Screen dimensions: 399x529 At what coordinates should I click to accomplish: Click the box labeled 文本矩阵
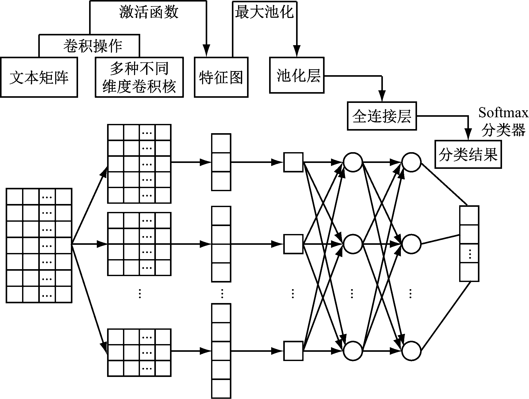pyautogui.click(x=39, y=77)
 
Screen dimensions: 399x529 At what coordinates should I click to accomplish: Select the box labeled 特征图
pyautogui.click(x=221, y=77)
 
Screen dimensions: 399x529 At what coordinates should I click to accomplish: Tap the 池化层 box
pyautogui.click(x=297, y=75)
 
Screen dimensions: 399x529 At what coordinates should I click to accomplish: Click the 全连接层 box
pyautogui.click(x=382, y=116)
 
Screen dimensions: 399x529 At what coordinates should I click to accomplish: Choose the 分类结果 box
pyautogui.click(x=468, y=154)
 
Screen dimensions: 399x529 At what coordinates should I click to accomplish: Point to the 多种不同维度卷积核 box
pyautogui.click(x=139, y=77)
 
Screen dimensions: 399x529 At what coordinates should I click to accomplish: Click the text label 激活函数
pyautogui.click(x=148, y=12)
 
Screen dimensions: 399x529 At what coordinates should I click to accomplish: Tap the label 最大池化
pyautogui.click(x=264, y=12)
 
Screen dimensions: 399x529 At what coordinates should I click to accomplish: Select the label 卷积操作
pyautogui.click(x=92, y=46)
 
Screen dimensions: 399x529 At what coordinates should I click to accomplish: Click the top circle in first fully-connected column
pyautogui.click(x=353, y=162)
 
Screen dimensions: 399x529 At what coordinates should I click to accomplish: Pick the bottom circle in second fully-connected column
pyautogui.click(x=411, y=351)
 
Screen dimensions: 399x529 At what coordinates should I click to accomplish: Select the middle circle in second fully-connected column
pyautogui.click(x=411, y=244)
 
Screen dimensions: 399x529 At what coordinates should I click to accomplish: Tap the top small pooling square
pyautogui.click(x=293, y=162)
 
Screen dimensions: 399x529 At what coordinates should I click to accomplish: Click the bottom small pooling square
pyautogui.click(x=293, y=351)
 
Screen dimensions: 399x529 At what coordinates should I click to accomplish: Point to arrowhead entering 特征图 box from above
pyautogui.click(x=206, y=50)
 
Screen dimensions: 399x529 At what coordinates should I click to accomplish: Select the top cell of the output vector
pyautogui.click(x=469, y=216)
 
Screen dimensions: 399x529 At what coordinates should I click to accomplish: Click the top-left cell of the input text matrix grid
pyautogui.click(x=15, y=197)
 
